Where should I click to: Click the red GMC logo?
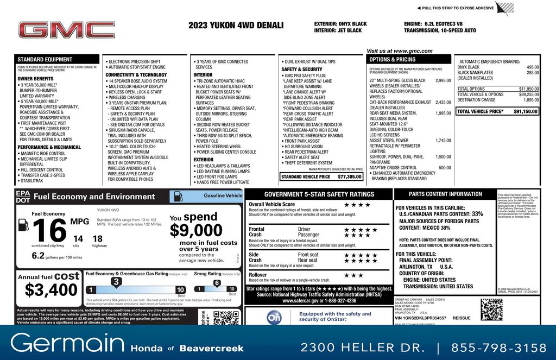click(x=66, y=30)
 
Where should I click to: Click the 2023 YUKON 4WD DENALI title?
click(x=236, y=25)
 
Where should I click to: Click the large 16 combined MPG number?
click(x=49, y=231)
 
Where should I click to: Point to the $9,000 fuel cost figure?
click(x=196, y=231)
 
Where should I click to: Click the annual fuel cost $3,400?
click(x=48, y=289)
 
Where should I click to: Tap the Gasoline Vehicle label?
click(x=223, y=195)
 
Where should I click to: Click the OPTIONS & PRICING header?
click(x=392, y=59)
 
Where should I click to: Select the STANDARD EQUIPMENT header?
click(x=45, y=59)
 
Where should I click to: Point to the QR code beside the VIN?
click(x=491, y=309)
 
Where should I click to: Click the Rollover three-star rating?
click(x=353, y=275)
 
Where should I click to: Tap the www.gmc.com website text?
click(x=399, y=51)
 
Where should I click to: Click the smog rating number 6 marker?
click(x=216, y=283)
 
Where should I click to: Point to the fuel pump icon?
click(x=23, y=224)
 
